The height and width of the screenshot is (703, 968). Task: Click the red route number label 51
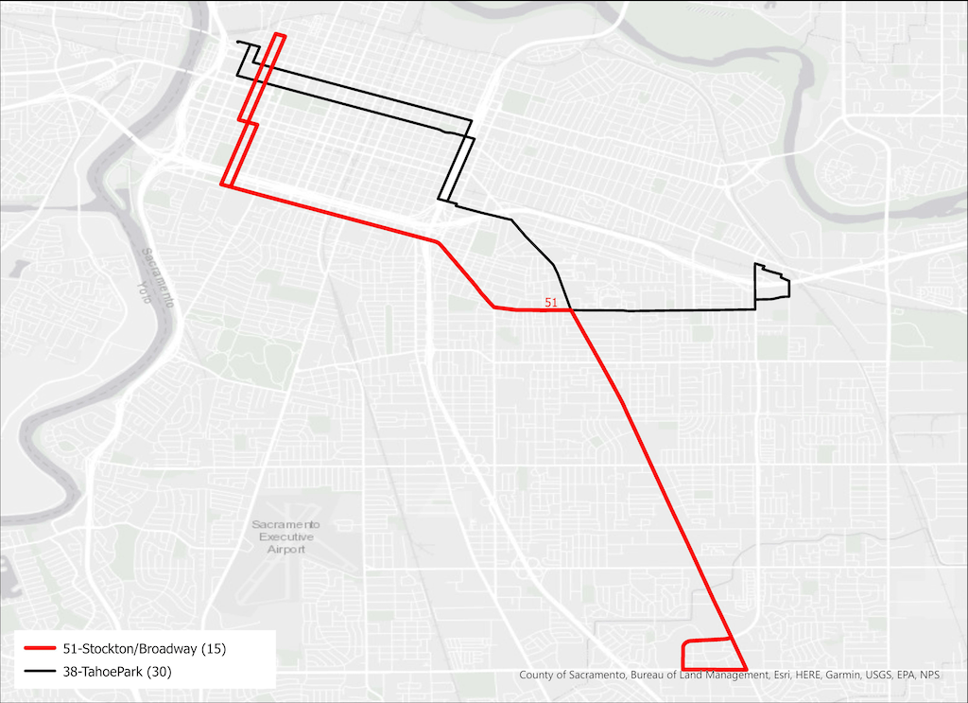tap(556, 302)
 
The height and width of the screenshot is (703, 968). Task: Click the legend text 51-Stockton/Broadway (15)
tap(145, 649)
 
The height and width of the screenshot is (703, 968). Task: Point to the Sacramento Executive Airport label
tap(286, 536)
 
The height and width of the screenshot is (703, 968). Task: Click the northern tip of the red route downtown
tap(279, 35)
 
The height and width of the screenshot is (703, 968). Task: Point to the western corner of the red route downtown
tap(222, 185)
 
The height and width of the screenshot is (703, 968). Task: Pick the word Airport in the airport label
tap(286, 550)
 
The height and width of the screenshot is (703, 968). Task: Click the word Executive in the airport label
tap(287, 536)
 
